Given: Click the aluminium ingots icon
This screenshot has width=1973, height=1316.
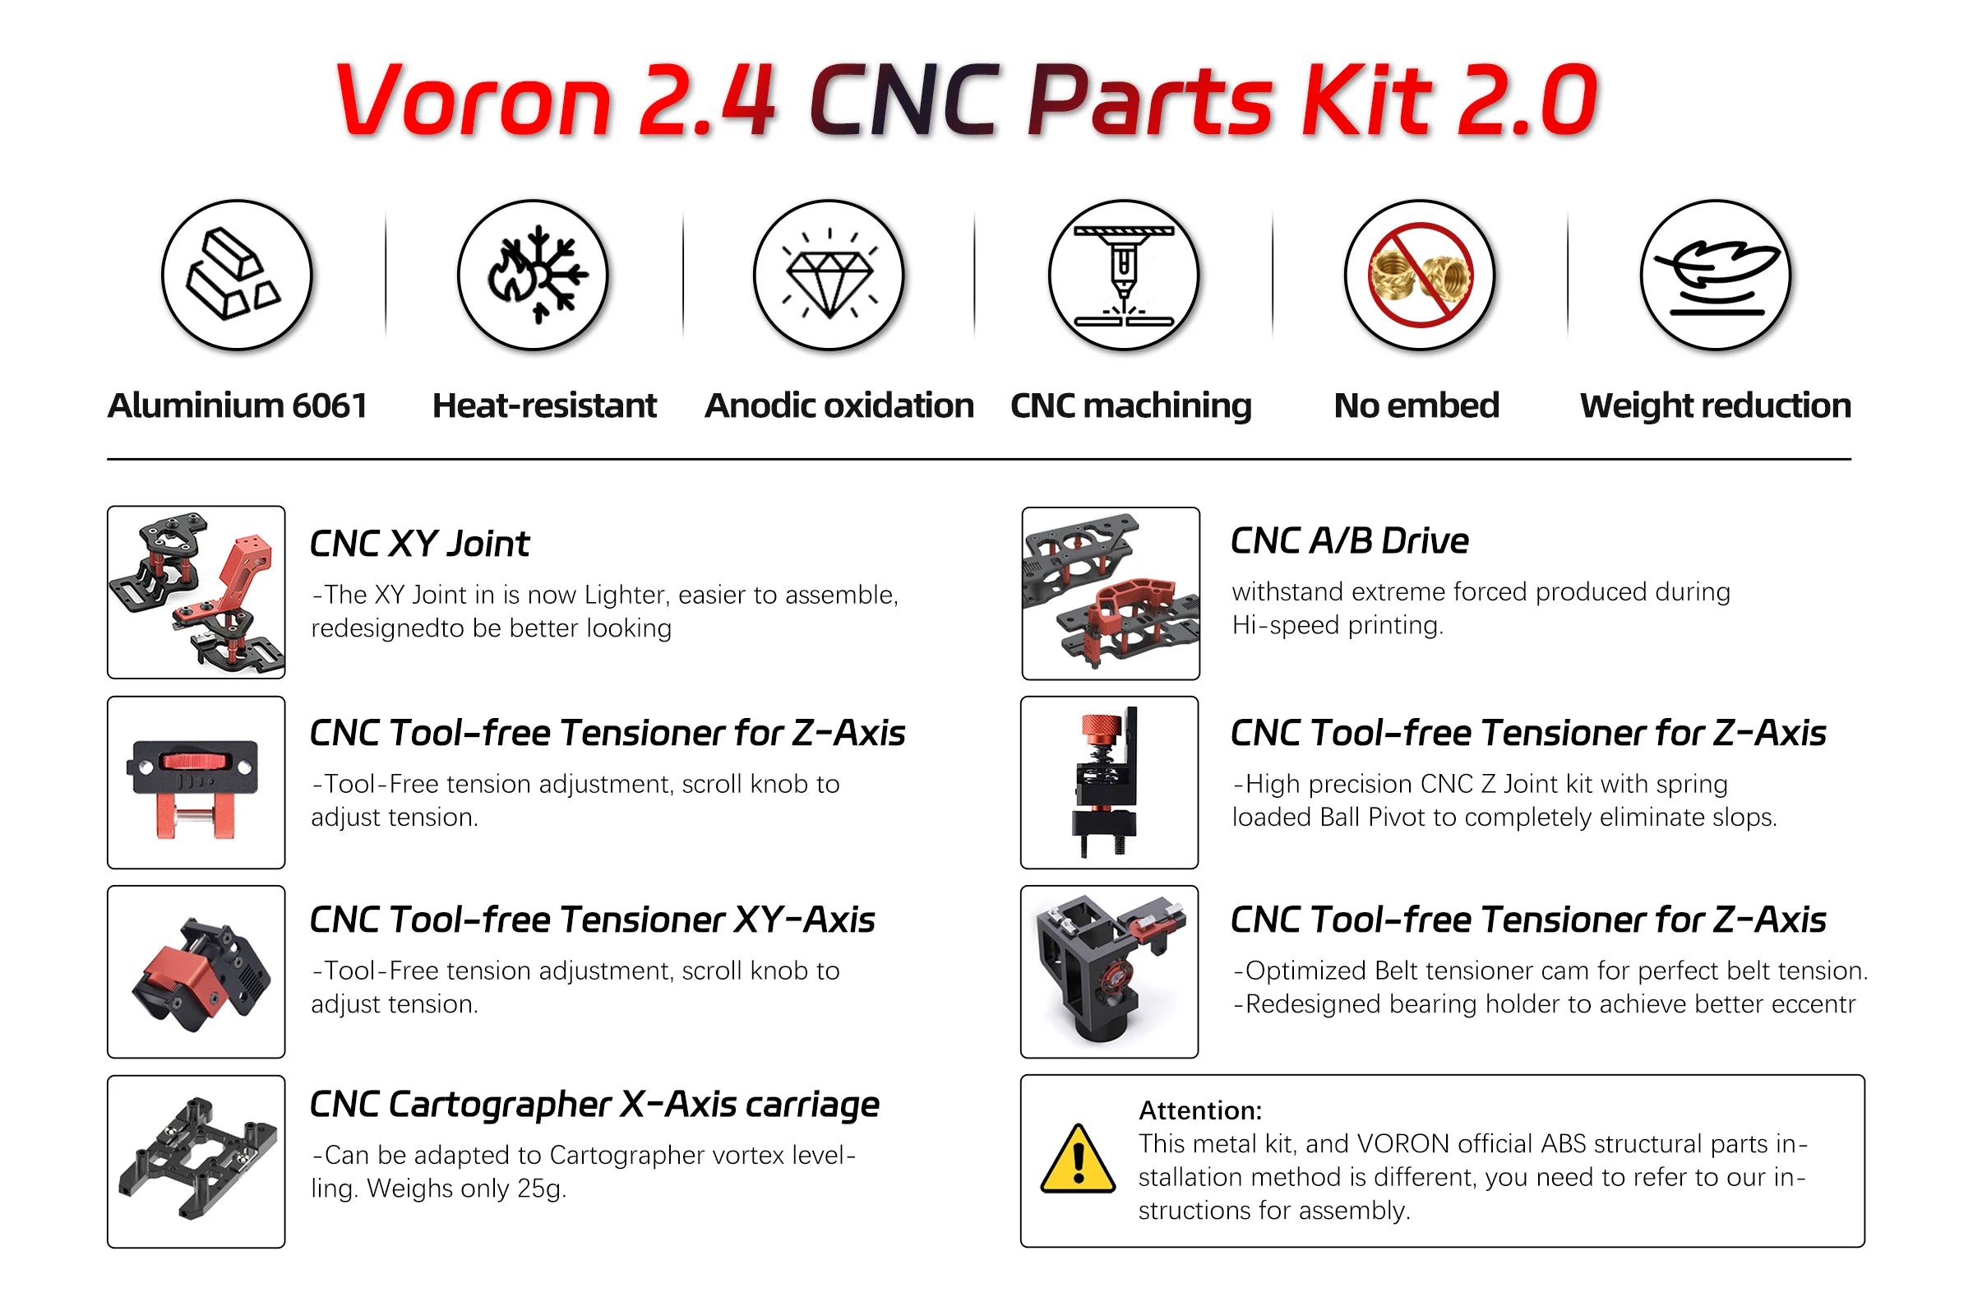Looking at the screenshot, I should tap(237, 276).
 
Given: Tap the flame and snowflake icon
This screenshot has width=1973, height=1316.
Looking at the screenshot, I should tap(534, 276).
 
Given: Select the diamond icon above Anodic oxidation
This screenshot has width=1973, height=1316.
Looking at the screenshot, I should tap(829, 276).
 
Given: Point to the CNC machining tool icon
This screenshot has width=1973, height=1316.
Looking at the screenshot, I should tap(1124, 276).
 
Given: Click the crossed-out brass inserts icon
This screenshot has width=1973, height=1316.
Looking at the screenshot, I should tap(1420, 276).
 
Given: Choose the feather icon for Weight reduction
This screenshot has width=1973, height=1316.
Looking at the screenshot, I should tap(1716, 276).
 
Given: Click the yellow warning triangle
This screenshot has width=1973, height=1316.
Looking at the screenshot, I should tap(1078, 1160).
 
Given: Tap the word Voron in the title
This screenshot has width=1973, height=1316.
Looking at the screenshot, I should tap(474, 100).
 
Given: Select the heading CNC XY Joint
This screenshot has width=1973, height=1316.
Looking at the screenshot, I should tap(419, 544).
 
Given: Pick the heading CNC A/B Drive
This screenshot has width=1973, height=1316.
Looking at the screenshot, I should tap(1350, 541).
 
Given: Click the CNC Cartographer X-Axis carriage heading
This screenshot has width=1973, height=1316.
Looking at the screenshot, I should tap(594, 1105).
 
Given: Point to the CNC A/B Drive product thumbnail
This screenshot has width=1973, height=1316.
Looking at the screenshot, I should tap(1111, 593).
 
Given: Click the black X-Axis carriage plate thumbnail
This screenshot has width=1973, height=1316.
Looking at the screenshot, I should tap(196, 1161).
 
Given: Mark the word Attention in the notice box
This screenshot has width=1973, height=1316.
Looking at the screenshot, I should tap(1199, 1110).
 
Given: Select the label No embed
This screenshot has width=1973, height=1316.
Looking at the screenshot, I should tap(1416, 406).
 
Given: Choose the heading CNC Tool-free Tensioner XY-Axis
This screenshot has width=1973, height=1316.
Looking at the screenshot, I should tap(592, 920).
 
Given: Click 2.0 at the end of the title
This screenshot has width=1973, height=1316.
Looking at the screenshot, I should tap(1527, 100).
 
